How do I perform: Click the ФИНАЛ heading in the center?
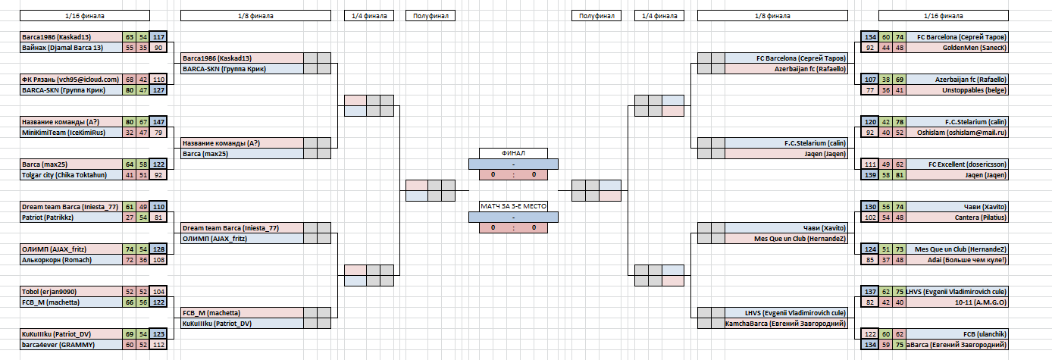[513, 153]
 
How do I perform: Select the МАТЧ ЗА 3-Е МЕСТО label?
[513, 206]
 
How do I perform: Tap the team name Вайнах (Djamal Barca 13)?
[72, 47]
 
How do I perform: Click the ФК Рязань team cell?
[72, 79]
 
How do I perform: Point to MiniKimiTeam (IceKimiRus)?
[72, 132]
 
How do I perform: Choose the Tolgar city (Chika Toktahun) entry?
[72, 174]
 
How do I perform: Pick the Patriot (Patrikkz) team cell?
[72, 217]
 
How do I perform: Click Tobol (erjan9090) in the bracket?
[72, 291]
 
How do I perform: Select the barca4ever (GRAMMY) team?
[72, 344]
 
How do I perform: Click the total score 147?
[158, 121]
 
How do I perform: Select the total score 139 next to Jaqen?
[870, 174]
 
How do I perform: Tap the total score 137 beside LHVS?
[870, 291]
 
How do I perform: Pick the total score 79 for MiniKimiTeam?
[158, 132]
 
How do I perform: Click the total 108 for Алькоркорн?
[158, 259]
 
